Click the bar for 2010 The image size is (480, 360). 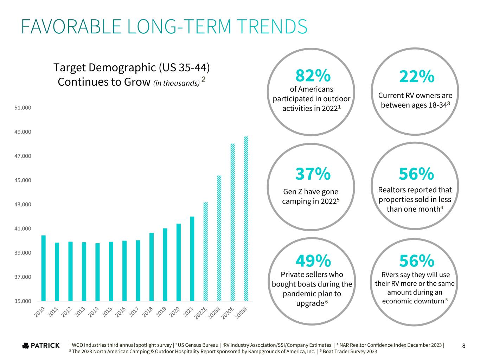point(43,268)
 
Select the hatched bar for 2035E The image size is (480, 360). point(246,219)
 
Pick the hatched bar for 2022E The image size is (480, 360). point(205,251)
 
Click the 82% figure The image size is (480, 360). point(313,75)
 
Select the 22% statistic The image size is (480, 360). point(417,76)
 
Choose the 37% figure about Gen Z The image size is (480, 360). point(313,173)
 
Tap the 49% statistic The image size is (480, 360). point(313,261)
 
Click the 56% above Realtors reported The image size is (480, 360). point(416,173)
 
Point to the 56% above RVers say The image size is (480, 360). point(417,261)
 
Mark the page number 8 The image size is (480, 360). point(464,346)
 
